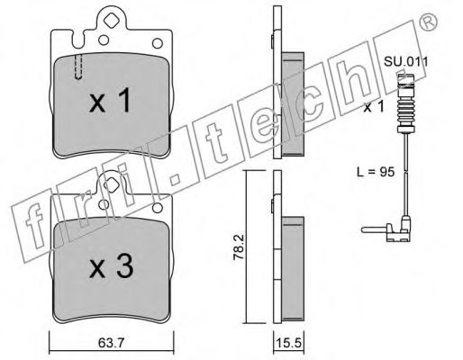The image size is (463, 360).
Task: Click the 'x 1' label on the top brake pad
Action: tap(110, 100)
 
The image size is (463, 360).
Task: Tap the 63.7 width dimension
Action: tap(111, 342)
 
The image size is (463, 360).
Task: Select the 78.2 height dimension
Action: tap(239, 247)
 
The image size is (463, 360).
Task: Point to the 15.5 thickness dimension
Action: tap(288, 343)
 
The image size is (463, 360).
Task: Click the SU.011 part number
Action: tap(406, 62)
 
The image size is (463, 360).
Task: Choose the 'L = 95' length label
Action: tap(376, 172)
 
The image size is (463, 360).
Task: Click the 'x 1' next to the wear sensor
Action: tap(374, 106)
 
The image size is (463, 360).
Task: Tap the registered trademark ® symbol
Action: tap(427, 22)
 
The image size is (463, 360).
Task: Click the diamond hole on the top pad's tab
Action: tap(110, 21)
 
